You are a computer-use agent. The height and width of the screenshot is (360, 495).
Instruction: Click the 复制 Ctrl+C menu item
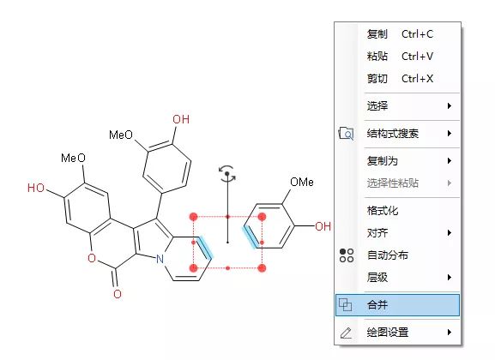tap(400, 33)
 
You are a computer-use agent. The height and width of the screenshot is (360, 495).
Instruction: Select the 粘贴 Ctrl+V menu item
tap(400, 57)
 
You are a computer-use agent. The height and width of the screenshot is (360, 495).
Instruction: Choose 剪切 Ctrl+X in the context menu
tap(400, 78)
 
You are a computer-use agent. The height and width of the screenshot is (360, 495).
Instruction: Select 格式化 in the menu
tap(383, 211)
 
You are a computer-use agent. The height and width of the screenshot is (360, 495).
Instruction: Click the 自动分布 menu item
tap(388, 255)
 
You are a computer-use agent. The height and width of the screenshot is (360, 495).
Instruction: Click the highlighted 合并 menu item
tap(397, 305)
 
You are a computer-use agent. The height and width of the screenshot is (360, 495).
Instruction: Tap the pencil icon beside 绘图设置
tap(346, 333)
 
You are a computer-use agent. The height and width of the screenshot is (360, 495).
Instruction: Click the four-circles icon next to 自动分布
tap(347, 255)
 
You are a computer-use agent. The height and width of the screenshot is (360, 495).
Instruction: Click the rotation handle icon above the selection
tap(227, 174)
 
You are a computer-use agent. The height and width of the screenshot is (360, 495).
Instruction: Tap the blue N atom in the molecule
tap(160, 259)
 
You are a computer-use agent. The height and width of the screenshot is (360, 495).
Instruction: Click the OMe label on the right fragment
tap(302, 182)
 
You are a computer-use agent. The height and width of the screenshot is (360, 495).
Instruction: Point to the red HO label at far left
tap(36, 188)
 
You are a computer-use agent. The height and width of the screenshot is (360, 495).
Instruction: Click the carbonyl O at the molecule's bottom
tap(118, 294)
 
